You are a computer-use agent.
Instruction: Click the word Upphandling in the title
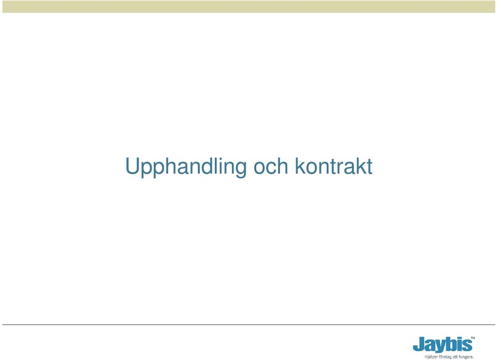[186, 167]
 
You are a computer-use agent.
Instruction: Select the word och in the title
[271, 167]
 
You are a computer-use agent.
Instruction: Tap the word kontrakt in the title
[333, 166]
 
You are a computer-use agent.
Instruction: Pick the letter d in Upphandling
[207, 166]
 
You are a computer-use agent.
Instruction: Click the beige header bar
[248, 6]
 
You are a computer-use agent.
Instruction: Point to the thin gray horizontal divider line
[248, 324]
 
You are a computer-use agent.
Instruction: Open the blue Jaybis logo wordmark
[443, 345]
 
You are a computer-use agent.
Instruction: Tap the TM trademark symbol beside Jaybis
[473, 338]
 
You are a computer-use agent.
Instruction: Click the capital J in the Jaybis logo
[419, 344]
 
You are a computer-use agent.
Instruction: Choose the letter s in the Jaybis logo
[467, 346]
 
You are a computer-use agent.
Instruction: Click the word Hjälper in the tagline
[430, 357]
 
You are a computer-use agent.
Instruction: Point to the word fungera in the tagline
[466, 357]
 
